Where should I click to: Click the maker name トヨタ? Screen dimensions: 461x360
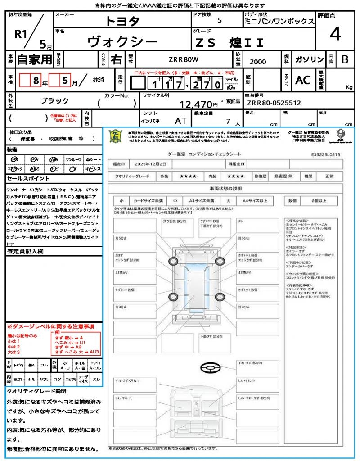tap(122, 21)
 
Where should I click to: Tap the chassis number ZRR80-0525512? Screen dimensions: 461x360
tap(274, 103)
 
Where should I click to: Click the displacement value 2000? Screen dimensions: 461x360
tap(257, 62)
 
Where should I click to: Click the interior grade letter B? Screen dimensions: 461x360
tap(345, 59)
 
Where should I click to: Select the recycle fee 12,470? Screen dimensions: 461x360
tap(197, 104)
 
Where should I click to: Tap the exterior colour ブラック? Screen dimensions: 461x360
tap(55, 101)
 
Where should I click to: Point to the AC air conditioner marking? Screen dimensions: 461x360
tap(303, 80)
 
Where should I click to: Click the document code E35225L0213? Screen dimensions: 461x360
tap(325, 154)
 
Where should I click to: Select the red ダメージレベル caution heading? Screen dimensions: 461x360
tap(50, 326)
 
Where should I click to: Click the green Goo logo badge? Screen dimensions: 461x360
tap(116, 136)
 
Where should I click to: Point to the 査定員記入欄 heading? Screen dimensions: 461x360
tap(25, 252)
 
